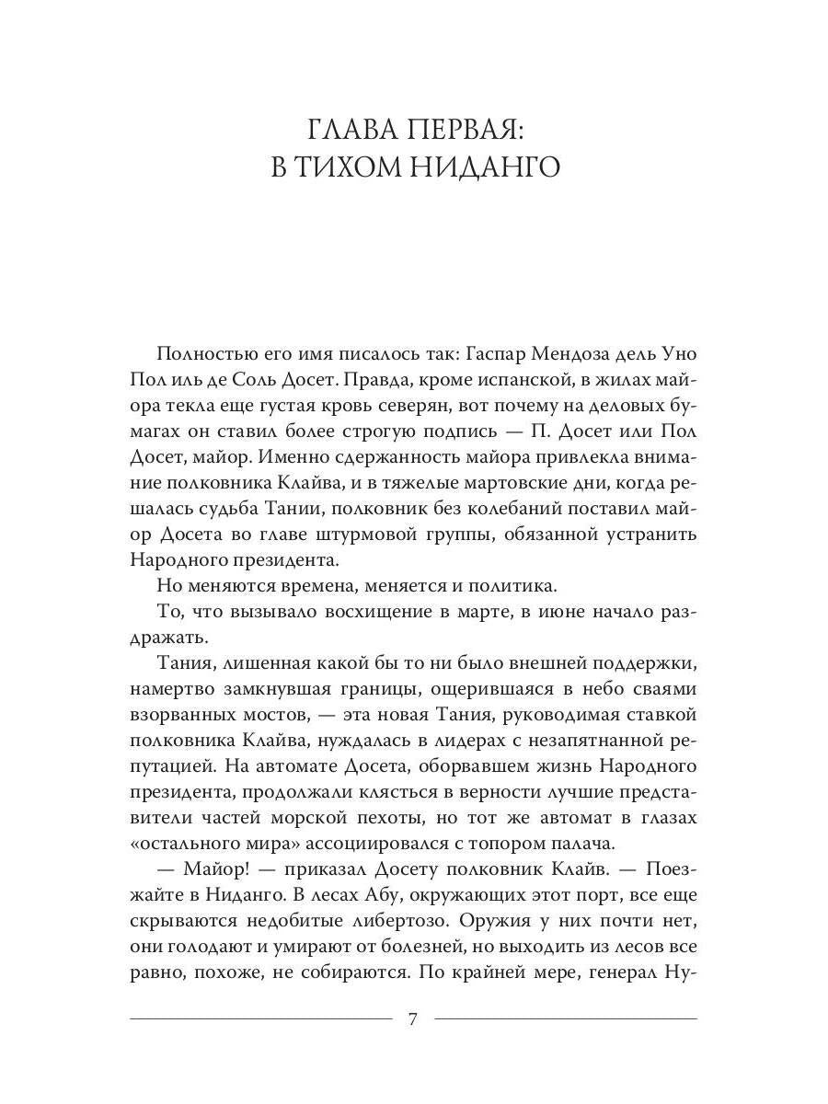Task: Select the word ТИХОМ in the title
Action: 357,168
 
